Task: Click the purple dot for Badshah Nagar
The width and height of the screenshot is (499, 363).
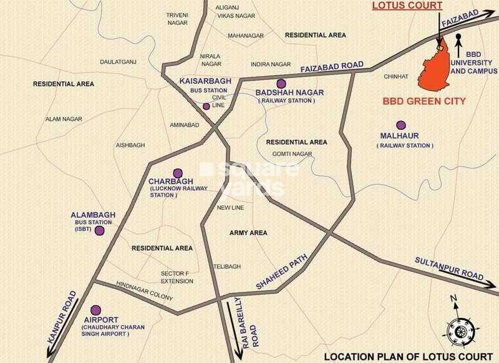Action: point(281,84)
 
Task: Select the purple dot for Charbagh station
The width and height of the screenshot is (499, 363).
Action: point(177,173)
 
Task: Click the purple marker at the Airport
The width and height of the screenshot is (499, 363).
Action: point(95,310)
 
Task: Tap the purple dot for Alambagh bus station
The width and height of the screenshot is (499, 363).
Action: point(99,231)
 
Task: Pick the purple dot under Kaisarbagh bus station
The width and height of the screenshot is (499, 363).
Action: point(206,106)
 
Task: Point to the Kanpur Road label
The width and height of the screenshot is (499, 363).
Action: point(62,315)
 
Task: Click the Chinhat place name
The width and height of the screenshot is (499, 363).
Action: point(397,76)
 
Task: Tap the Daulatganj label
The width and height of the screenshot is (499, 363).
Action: point(118,62)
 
